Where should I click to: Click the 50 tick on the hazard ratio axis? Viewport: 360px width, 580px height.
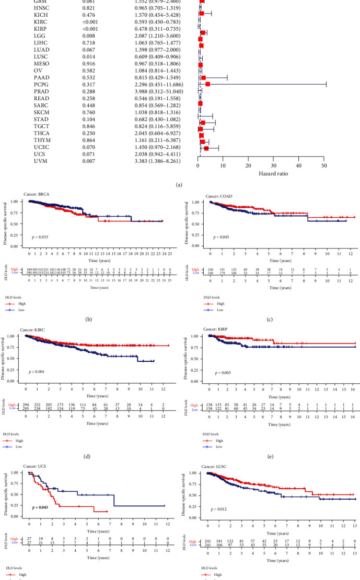tap(324, 165)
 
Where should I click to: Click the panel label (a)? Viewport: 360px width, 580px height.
tap(180, 184)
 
